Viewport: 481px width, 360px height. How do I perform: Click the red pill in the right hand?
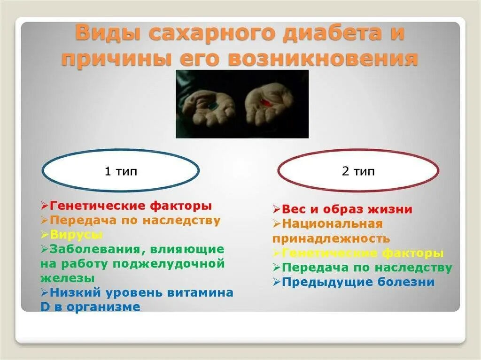point(266,102)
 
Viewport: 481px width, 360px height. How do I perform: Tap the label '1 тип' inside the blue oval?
point(121,171)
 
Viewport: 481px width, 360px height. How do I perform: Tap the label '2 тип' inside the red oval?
point(358,171)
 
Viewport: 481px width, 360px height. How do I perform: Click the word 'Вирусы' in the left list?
point(76,234)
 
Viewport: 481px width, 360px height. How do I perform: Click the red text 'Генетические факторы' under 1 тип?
point(131,206)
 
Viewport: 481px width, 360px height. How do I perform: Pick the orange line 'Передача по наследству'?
point(135,220)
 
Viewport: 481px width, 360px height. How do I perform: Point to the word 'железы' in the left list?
point(67,278)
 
